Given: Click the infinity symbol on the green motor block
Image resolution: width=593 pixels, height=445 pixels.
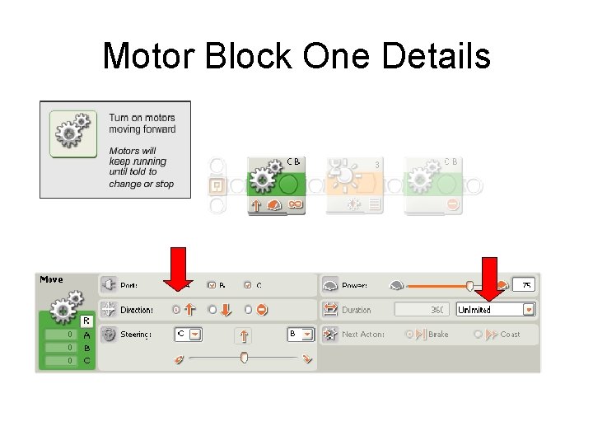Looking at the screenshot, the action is [x=295, y=204].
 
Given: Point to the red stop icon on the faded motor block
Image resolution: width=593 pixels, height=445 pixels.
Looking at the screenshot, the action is [x=452, y=204].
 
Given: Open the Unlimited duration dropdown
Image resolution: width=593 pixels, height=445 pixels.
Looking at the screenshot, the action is [x=528, y=310].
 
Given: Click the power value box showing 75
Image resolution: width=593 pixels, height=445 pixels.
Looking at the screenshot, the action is [x=525, y=285].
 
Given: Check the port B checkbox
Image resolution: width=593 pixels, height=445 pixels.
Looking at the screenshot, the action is [x=212, y=285].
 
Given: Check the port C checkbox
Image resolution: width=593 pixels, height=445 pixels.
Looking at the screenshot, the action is [x=247, y=285].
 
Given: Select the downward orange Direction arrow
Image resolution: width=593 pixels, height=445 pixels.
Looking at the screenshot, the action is [x=225, y=310].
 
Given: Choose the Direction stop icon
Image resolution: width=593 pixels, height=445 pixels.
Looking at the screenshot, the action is [x=261, y=310].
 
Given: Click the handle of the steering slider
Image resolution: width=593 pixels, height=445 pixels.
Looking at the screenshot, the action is [x=244, y=358].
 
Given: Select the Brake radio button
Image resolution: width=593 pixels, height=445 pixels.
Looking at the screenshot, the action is [x=409, y=335].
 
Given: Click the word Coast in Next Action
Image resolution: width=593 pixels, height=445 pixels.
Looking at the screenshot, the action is [x=510, y=335].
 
